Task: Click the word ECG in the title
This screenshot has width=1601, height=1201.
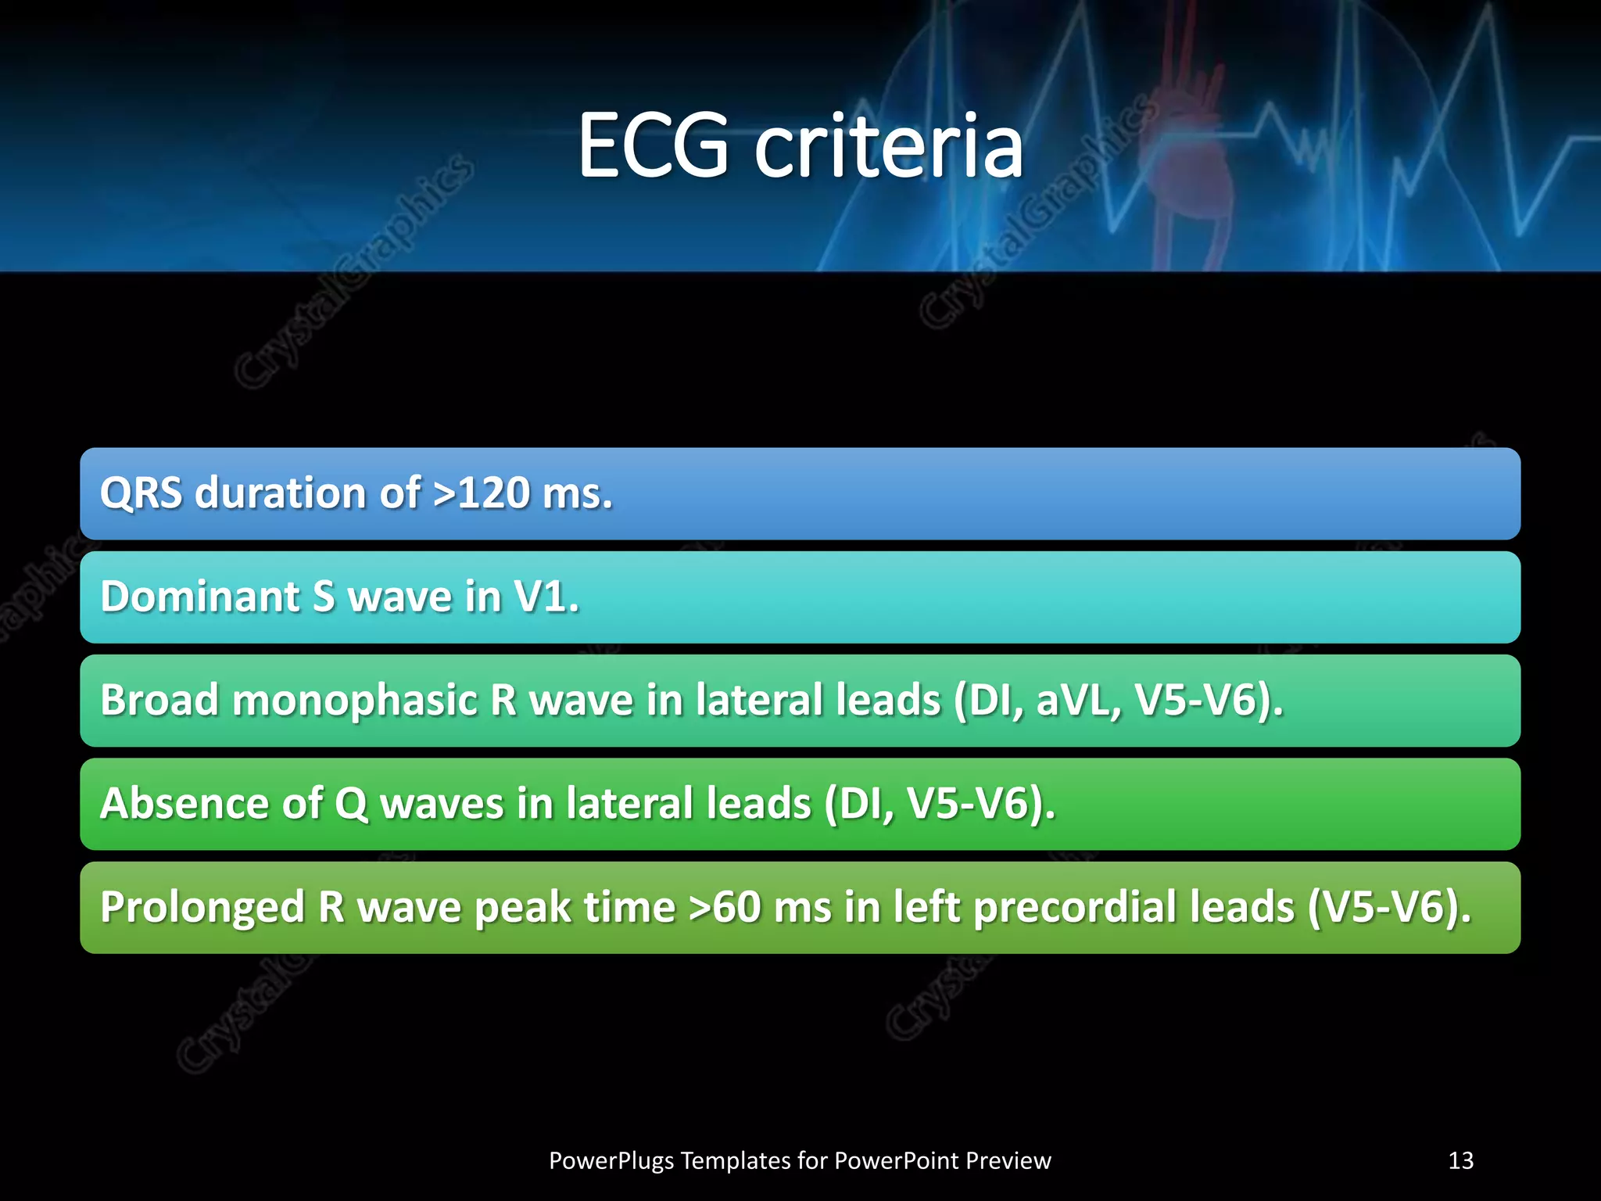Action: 654,145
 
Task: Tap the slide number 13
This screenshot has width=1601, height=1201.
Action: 1460,1160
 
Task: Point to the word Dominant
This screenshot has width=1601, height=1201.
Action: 200,597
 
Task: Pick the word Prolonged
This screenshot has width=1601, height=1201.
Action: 202,907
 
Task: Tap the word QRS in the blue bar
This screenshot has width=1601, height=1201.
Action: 141,493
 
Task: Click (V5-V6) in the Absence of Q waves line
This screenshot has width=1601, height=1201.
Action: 981,803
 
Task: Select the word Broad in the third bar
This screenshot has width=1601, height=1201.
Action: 159,700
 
